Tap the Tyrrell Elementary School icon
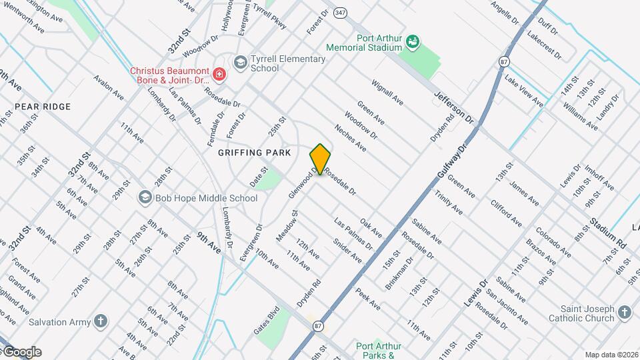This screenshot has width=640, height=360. pyautogui.click(x=239, y=63)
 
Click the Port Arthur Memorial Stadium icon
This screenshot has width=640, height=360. pyautogui.click(x=413, y=43)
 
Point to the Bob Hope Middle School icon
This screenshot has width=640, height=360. pyautogui.click(x=144, y=197)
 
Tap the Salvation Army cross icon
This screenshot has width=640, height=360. pyautogui.click(x=101, y=322)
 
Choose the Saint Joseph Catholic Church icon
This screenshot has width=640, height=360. pyautogui.click(x=624, y=313)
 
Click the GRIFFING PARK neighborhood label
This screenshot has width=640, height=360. pyautogui.click(x=255, y=153)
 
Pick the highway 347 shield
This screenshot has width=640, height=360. pyautogui.click(x=341, y=13)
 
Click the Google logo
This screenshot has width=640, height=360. pyautogui.click(x=21, y=352)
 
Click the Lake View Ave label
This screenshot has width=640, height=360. pyautogui.click(x=523, y=91)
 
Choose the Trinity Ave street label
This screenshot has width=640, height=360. pyautogui.click(x=449, y=201)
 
